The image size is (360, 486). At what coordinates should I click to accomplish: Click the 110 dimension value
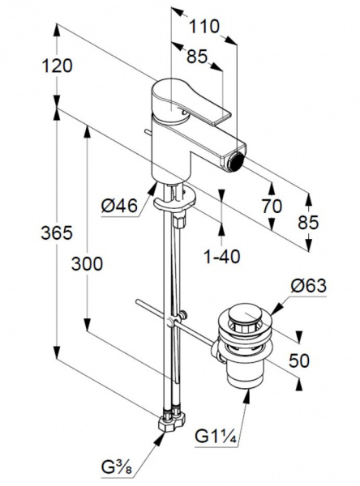[204, 27]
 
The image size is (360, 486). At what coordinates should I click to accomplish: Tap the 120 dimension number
[57, 66]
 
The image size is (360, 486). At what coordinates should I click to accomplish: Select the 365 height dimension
[57, 232]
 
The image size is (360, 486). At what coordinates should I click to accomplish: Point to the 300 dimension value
[87, 264]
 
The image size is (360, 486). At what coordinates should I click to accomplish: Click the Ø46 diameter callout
[119, 205]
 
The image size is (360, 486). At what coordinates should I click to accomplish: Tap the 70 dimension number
[272, 206]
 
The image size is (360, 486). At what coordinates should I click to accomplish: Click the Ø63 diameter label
[308, 285]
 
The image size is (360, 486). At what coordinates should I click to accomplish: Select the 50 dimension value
[299, 360]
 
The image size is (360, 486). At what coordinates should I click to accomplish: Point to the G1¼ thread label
[216, 437]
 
